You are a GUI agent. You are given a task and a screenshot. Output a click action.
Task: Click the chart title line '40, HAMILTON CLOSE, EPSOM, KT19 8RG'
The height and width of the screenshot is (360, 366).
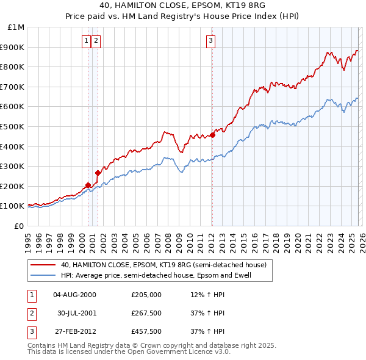182,6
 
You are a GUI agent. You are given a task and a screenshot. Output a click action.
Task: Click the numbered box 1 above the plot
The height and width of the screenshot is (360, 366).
87,41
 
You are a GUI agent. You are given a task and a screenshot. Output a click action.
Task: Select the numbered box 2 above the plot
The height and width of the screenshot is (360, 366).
96,41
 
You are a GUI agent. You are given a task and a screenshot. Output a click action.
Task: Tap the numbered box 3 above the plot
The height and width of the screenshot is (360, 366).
210,41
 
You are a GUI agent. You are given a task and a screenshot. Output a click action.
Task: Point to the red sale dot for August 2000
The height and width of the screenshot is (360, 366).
88,185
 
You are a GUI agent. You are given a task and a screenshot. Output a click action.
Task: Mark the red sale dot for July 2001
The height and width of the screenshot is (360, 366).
98,173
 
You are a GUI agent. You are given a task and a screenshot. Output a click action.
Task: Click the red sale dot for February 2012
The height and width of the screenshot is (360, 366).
212,135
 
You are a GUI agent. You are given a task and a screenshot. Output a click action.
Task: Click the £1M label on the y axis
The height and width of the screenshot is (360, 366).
16,27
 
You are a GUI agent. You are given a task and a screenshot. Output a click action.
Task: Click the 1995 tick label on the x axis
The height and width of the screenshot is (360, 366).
27,239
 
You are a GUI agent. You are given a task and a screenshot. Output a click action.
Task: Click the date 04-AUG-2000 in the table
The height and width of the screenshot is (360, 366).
75,295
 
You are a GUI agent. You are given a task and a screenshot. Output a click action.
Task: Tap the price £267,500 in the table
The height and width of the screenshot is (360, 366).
146,313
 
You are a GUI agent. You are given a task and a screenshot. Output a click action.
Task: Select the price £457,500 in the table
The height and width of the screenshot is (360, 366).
146,331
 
